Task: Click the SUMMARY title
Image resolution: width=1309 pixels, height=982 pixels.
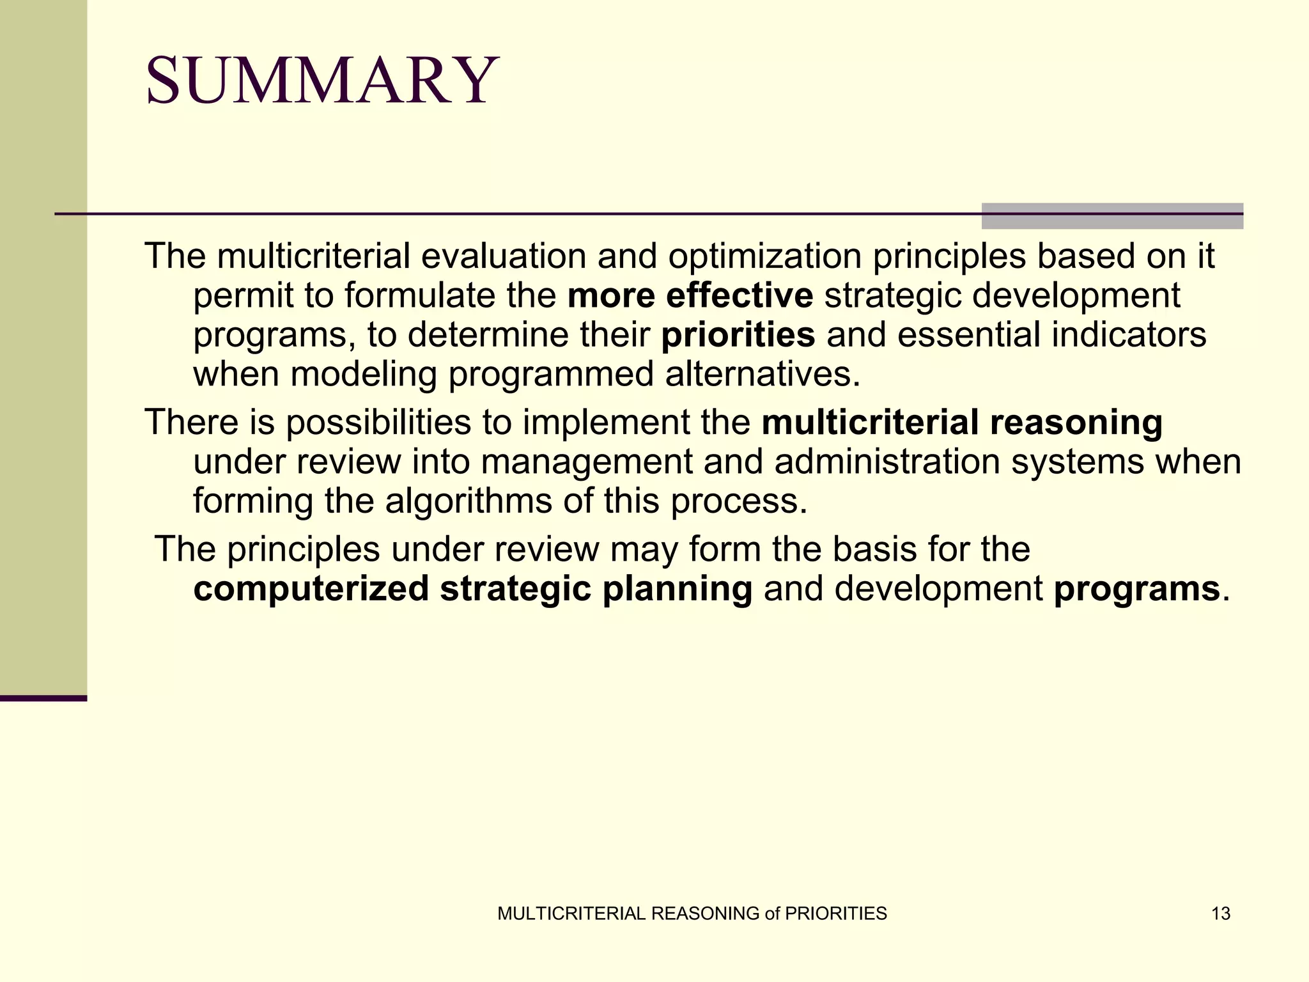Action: point(321,81)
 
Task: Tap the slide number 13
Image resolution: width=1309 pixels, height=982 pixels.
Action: point(1220,914)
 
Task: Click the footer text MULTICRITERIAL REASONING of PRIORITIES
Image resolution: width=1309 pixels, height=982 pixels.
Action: point(692,914)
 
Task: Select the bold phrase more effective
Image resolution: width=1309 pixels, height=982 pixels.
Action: point(690,295)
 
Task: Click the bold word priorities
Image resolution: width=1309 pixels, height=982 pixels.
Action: point(738,335)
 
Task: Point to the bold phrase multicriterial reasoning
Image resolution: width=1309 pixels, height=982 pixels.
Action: point(961,423)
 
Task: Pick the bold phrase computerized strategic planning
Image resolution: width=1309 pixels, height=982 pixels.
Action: point(472,588)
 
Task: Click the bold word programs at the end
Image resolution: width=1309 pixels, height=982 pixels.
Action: point(1136,588)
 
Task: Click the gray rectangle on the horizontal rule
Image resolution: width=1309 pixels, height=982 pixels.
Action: point(1111,216)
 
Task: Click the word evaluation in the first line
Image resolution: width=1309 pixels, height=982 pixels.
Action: point(503,256)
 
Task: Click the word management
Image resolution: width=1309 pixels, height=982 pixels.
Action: point(586,462)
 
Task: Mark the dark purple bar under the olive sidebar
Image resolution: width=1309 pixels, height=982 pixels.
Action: point(43,698)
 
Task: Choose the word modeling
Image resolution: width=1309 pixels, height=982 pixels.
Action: point(363,374)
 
